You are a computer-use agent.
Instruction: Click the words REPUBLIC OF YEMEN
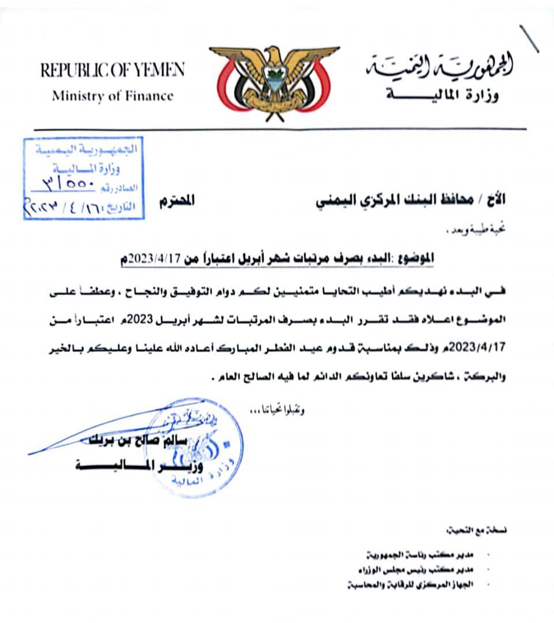tap(113, 70)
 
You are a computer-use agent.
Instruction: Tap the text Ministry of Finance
tap(113, 96)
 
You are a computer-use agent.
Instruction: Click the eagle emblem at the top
tap(275, 81)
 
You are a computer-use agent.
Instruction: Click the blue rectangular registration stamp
tap(83, 178)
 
